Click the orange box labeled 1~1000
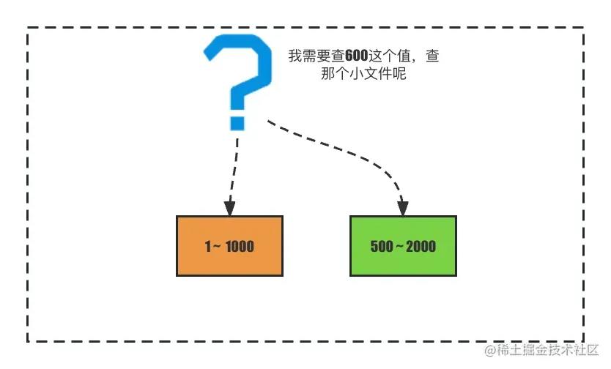pyautogui.click(x=229, y=246)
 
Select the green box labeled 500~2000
pyautogui.click(x=403, y=246)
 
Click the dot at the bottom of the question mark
pyautogui.click(x=237, y=122)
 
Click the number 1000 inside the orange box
pyautogui.click(x=240, y=246)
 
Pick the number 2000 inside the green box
pyautogui.click(x=421, y=246)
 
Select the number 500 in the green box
pyautogui.click(x=382, y=246)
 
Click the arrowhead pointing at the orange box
pyautogui.click(x=229, y=207)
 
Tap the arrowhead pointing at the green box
pyautogui.click(x=402, y=207)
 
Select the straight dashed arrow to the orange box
pyautogui.click(x=234, y=168)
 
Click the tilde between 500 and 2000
pyautogui.click(x=399, y=246)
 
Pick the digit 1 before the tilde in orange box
pyautogui.click(x=208, y=246)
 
